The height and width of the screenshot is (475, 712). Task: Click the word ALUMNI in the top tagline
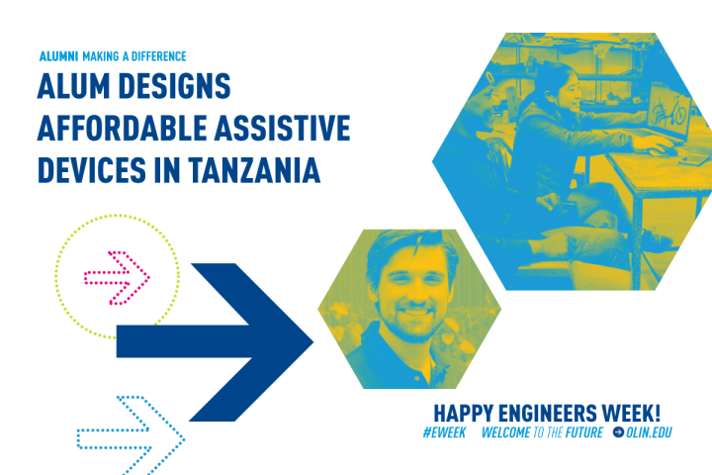pyautogui.click(x=58, y=56)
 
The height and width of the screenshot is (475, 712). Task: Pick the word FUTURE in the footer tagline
pyautogui.click(x=580, y=432)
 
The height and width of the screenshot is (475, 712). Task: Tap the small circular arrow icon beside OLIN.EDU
pyautogui.click(x=618, y=432)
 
